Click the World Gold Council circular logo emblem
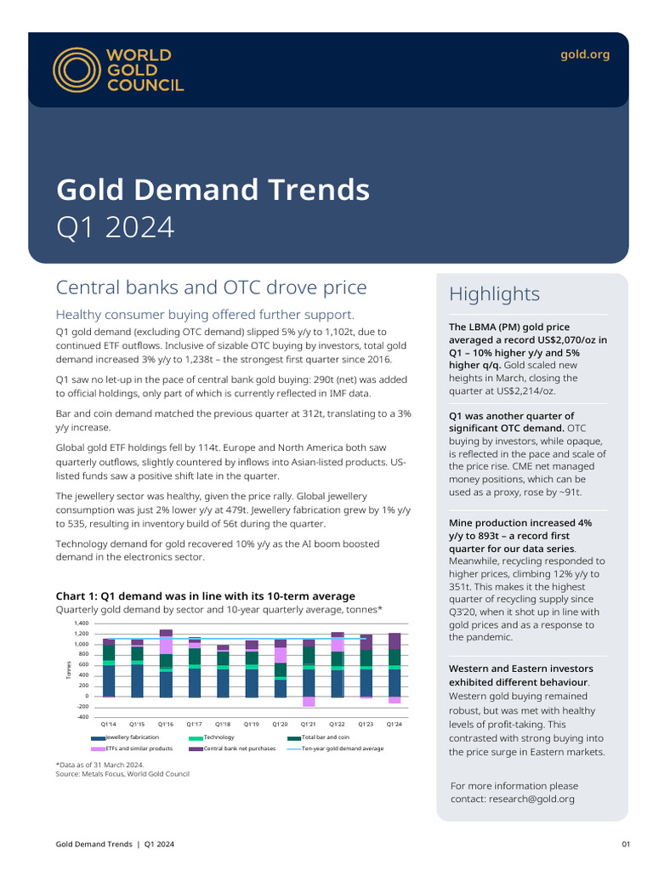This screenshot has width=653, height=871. click(x=76, y=69)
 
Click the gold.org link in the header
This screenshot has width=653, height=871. click(x=585, y=54)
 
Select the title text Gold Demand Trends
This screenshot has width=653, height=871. click(x=213, y=188)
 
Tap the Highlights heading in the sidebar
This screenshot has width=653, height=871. click(x=494, y=294)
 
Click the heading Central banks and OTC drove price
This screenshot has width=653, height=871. click(x=211, y=287)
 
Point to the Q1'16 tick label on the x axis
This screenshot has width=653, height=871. click(x=166, y=724)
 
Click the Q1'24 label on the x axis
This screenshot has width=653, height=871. click(x=395, y=724)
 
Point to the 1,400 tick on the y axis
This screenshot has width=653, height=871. click(x=82, y=623)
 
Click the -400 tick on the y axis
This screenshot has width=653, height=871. click(x=82, y=717)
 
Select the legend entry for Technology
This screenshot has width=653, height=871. click(x=219, y=737)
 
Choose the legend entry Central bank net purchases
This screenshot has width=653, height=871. click(x=237, y=749)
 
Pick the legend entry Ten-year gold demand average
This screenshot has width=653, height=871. click(x=343, y=749)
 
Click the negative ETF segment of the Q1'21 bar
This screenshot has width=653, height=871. click(x=309, y=702)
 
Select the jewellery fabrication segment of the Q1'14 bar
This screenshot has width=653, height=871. click(x=109, y=680)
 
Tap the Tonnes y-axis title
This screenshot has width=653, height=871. click(x=69, y=670)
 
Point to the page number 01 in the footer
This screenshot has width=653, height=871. click(x=626, y=844)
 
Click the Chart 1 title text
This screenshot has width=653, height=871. click(x=205, y=596)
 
